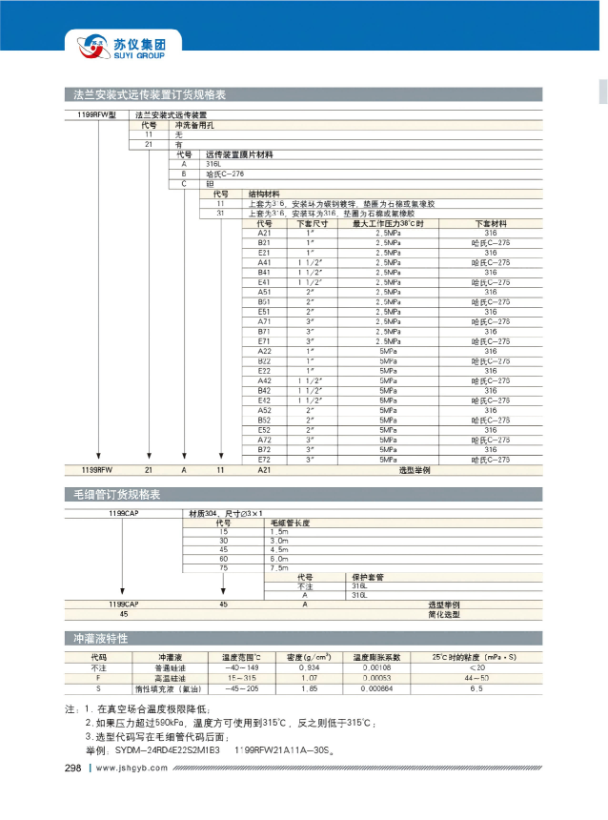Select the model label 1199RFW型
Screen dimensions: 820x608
click(95, 113)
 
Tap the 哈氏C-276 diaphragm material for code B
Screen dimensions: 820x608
click(225, 174)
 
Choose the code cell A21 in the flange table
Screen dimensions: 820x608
click(265, 233)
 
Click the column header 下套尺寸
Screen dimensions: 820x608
click(311, 223)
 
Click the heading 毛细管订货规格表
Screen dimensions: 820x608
click(116, 495)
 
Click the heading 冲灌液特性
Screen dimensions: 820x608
click(99, 637)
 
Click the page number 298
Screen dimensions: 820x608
click(73, 769)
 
